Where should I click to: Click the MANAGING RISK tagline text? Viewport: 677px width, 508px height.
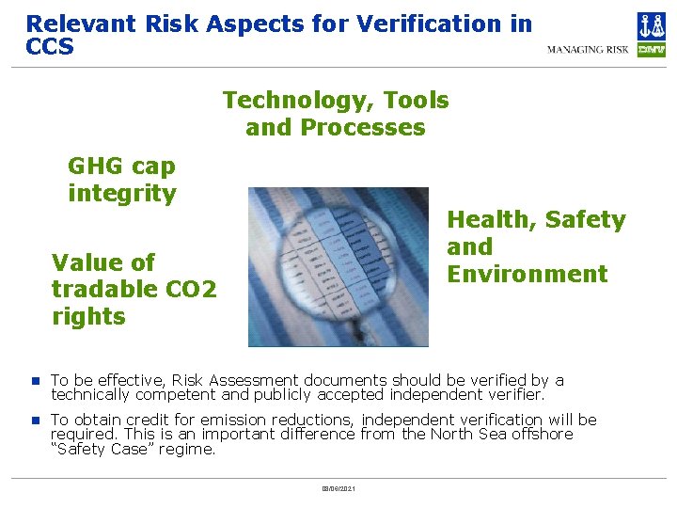[589, 50]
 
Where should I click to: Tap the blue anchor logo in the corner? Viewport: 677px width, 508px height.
[651, 25]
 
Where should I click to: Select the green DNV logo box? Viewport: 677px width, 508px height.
[651, 50]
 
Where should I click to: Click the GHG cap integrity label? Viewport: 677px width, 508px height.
[121, 180]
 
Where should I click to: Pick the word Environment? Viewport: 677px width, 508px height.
[527, 274]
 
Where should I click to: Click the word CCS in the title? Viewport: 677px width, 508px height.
[50, 46]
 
